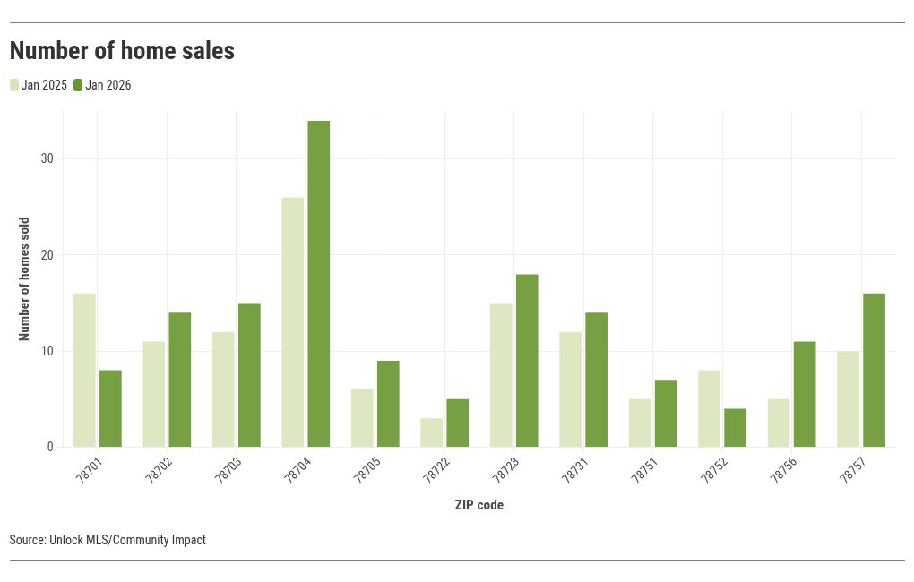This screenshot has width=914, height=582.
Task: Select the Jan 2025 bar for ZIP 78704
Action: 292,322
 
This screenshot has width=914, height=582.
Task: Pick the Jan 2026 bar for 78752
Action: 735,427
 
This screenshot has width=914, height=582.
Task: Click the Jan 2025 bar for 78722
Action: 431,432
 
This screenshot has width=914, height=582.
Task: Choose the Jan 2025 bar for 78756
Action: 779,423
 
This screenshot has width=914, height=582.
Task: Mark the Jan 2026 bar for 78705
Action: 388,404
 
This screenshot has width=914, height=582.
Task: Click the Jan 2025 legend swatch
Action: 14,85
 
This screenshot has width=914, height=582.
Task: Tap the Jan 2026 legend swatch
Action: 78,85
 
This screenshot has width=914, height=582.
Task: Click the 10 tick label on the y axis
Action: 47,351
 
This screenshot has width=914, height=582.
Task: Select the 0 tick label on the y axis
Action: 50,447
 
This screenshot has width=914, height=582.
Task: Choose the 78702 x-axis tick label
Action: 158,469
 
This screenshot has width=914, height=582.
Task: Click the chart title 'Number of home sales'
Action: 122,51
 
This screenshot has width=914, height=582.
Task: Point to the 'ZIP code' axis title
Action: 479,505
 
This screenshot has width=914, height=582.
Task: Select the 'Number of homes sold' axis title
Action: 24,278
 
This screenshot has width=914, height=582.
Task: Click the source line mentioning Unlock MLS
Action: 108,540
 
